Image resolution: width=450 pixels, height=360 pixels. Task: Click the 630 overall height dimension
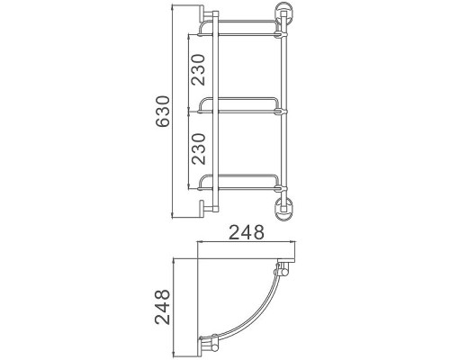pyautogui.click(x=163, y=112)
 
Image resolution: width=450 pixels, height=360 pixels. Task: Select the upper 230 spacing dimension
pyautogui.click(x=199, y=69)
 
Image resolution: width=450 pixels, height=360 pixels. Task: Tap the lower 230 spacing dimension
pyautogui.click(x=199, y=149)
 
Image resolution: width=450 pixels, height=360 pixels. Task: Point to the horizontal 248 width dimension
pyautogui.click(x=247, y=232)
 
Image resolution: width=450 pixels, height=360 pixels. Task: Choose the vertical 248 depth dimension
pyautogui.click(x=163, y=307)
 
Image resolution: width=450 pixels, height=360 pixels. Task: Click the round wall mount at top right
pyautogui.click(x=283, y=13)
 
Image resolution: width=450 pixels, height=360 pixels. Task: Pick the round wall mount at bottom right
pyautogui.click(x=283, y=208)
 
